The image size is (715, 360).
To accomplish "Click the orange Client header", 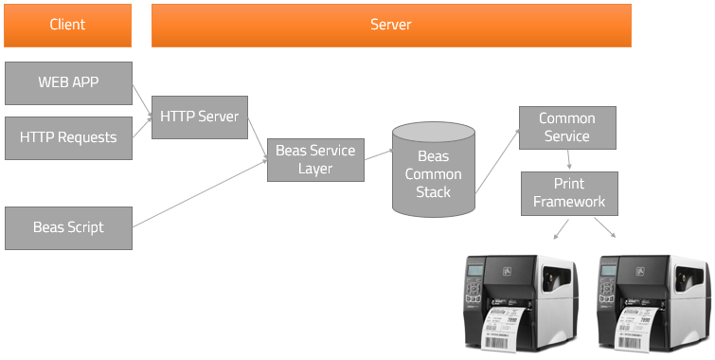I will [x=67, y=25].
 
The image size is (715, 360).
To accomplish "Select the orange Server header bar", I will [x=390, y=25].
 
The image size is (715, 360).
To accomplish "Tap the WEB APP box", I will [x=67, y=82].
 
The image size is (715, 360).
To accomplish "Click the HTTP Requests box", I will [x=67, y=137].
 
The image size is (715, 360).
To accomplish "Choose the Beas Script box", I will [x=67, y=227].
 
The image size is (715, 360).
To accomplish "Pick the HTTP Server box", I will [x=199, y=117].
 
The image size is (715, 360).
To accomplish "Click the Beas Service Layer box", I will [x=315, y=159].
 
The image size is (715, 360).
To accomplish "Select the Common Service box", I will [x=566, y=128].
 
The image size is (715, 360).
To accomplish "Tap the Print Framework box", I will [x=568, y=192].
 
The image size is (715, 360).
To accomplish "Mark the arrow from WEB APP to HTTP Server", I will [x=141, y=99].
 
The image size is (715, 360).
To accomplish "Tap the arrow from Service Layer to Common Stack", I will [x=378, y=153].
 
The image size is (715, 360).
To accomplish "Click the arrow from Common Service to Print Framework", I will [x=568, y=160].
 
